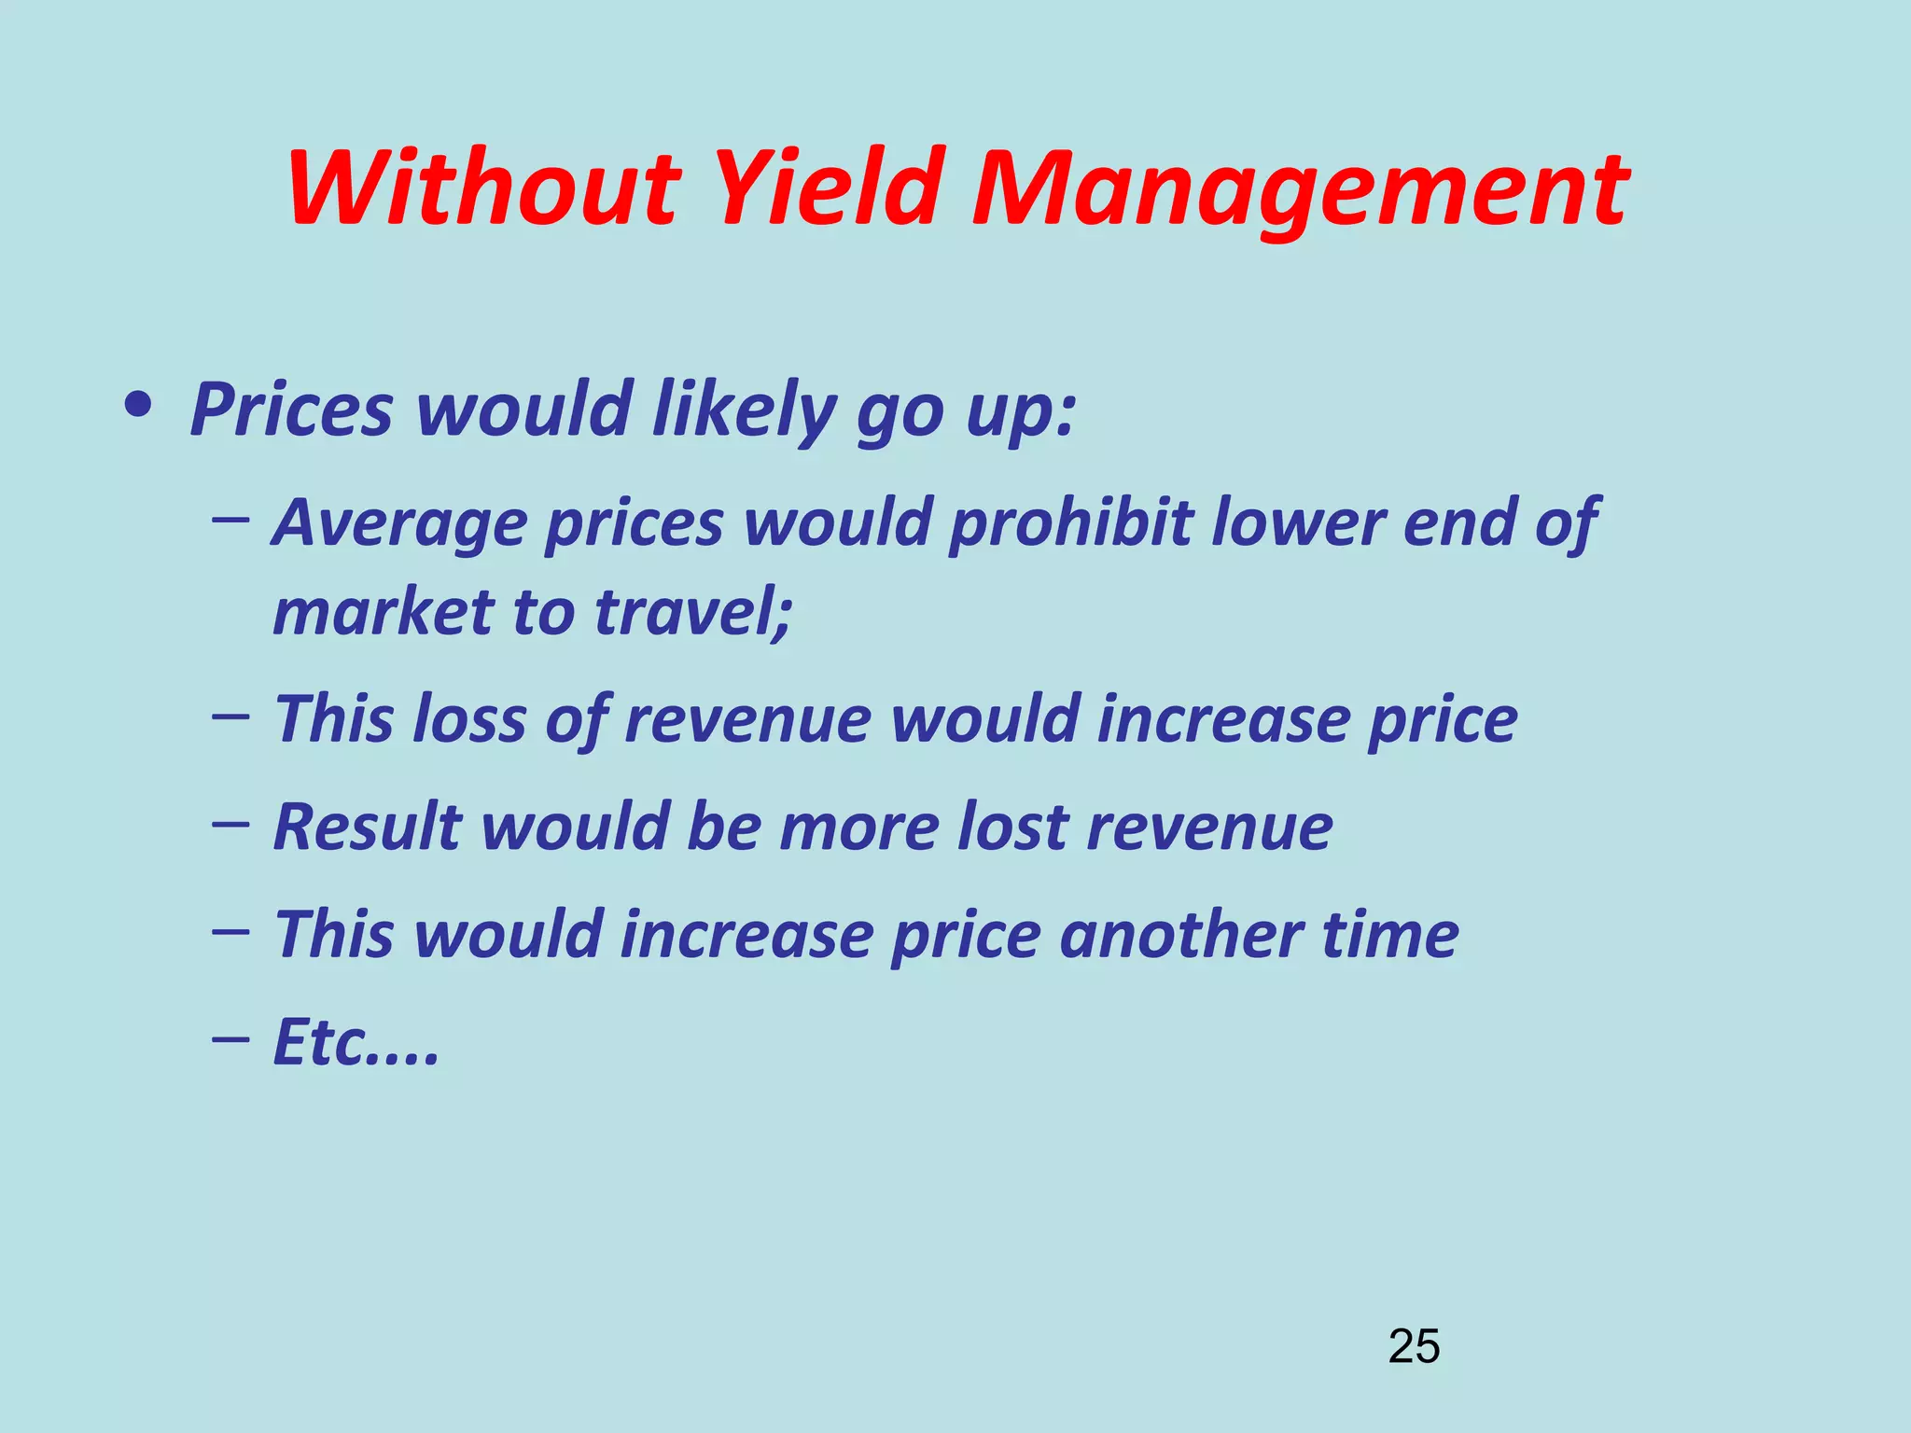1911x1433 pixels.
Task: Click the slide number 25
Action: pos(1414,1346)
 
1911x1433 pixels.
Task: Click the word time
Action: pos(1390,934)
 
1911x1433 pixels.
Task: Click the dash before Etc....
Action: pos(230,1037)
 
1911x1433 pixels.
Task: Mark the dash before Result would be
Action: pos(230,823)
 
